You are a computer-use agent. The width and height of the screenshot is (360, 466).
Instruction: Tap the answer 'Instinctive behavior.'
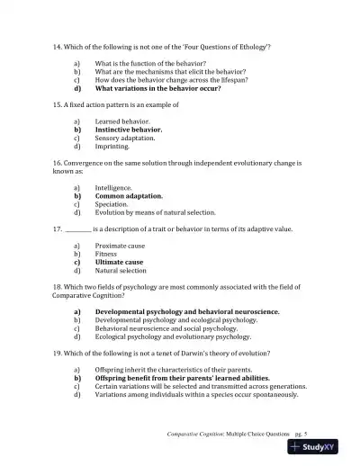pos(129,130)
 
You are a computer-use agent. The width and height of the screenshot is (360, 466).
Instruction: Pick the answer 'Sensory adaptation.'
pos(125,138)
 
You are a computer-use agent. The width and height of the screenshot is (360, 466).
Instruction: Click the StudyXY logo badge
pos(321,447)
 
